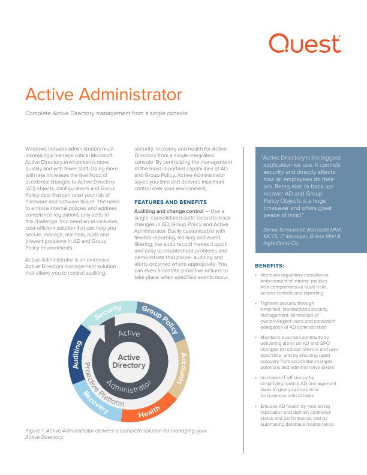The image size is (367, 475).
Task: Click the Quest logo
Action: pyautogui.click(x=305, y=44)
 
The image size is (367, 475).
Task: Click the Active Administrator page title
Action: pyautogui.click(x=104, y=95)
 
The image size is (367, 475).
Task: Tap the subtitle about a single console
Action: pyautogui.click(x=98, y=113)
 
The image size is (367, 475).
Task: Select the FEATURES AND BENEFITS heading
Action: pyautogui.click(x=170, y=202)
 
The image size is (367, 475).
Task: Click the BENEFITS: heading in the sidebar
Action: pyautogui.click(x=269, y=265)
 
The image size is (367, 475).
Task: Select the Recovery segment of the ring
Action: pyautogui.click(x=96, y=402)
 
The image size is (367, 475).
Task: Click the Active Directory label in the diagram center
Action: pyautogui.click(x=128, y=361)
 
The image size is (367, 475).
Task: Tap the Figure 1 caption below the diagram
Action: pyautogui.click(x=116, y=434)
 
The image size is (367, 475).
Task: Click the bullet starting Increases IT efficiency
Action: pyautogui.click(x=293, y=387)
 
